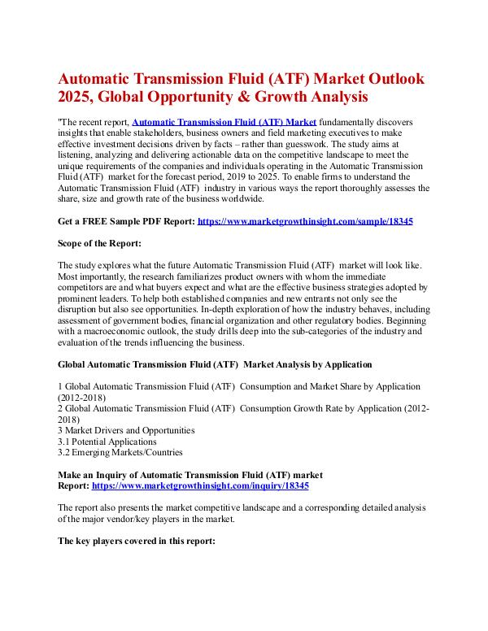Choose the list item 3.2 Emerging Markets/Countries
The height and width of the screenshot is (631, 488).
[120, 452]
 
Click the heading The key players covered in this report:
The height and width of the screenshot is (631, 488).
[137, 538]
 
